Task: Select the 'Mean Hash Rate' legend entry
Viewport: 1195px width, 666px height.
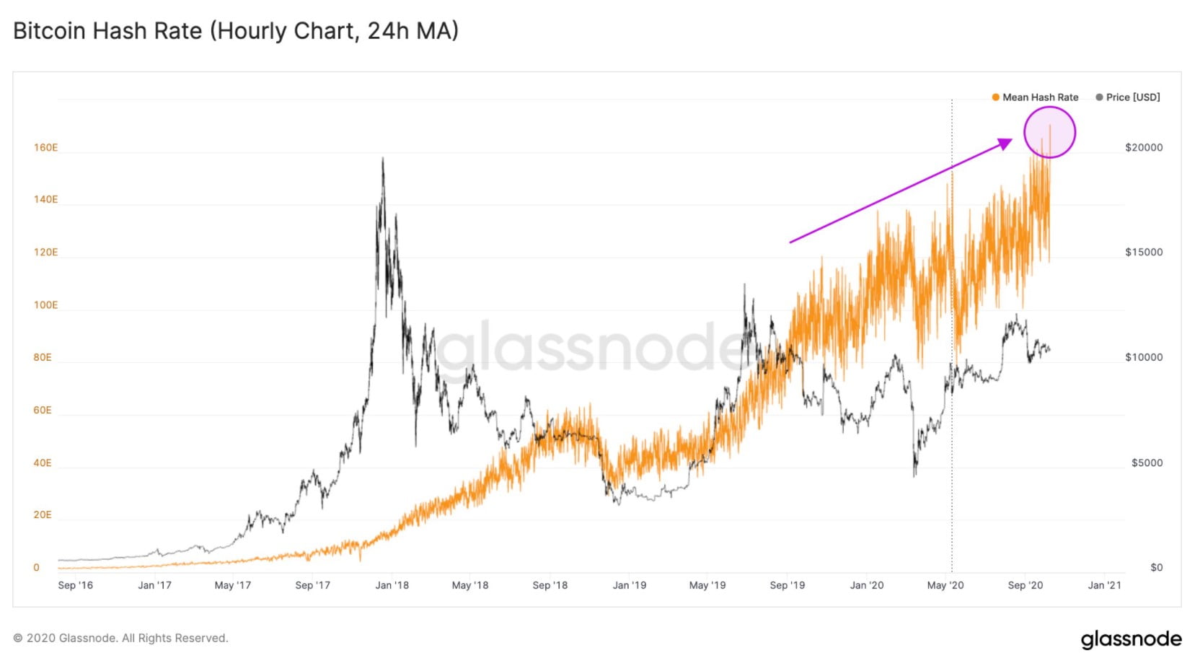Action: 1040,97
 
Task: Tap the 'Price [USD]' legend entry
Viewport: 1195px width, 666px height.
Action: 1132,97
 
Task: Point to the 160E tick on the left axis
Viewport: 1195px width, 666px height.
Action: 45,148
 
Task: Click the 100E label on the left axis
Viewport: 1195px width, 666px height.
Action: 45,305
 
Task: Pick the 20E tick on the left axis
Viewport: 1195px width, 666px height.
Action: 43,515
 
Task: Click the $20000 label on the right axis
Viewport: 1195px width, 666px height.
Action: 1144,148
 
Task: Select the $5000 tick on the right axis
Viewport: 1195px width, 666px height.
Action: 1147,463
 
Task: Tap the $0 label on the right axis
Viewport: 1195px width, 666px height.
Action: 1156,568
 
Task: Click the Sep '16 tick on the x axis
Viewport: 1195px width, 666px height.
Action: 75,585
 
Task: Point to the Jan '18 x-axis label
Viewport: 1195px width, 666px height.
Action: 392,585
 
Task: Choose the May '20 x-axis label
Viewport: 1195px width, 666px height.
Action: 945,585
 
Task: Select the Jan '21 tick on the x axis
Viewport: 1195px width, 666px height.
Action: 1104,585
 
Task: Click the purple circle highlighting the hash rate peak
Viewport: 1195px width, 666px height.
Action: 1050,132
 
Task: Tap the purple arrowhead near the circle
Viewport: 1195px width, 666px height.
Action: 1005,144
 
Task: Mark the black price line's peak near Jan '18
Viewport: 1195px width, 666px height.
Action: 382,159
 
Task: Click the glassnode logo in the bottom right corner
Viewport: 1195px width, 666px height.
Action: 1131,639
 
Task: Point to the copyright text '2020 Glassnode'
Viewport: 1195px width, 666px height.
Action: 120,639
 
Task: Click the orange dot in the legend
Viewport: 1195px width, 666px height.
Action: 995,97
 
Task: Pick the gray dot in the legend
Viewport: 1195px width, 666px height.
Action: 1099,97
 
